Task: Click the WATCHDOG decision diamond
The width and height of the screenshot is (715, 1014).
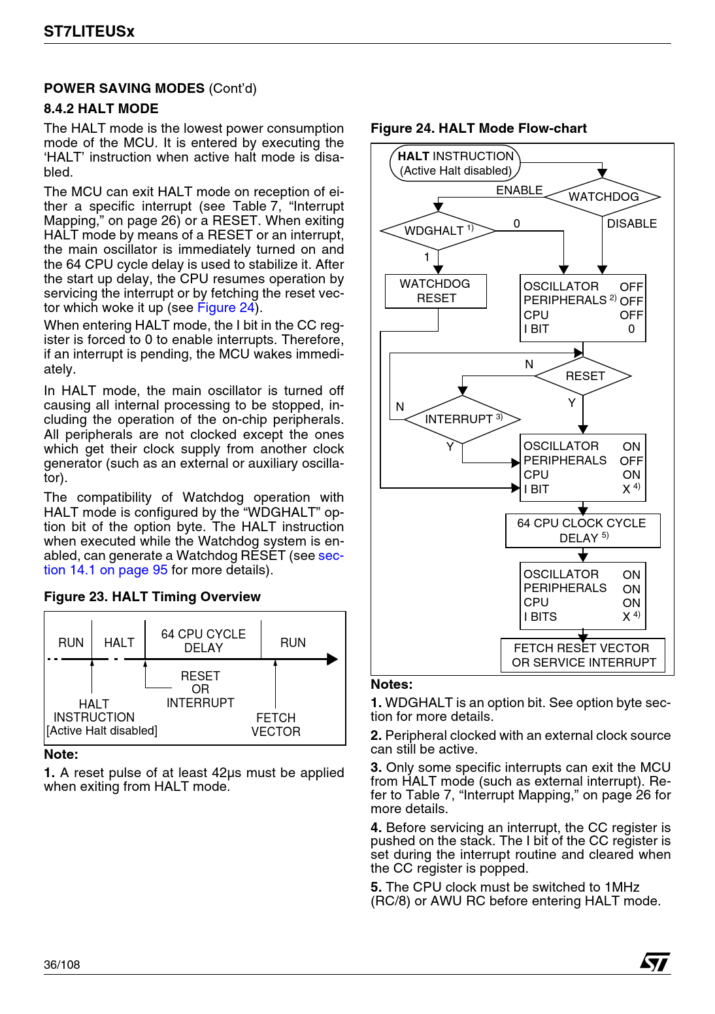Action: tap(603, 197)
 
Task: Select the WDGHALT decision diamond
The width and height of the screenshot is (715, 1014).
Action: tap(438, 231)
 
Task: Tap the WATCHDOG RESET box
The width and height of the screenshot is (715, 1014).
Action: tap(436, 291)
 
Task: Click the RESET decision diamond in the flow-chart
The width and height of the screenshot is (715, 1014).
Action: tap(584, 376)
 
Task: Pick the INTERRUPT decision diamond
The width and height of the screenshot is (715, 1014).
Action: tap(462, 419)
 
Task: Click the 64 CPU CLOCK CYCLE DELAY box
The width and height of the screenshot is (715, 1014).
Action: tap(582, 531)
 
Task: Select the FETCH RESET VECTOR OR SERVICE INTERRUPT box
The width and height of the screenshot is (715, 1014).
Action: tap(583, 656)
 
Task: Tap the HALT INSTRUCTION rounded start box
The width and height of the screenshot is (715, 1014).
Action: tap(456, 163)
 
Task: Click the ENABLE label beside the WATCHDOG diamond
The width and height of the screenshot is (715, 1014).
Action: tap(519, 190)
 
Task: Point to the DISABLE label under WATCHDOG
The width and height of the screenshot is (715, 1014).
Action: tap(631, 224)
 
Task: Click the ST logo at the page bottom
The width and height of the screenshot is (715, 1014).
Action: tap(655, 962)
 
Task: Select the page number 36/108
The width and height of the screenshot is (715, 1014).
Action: tap(62, 965)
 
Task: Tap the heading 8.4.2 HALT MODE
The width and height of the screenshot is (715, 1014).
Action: tap(101, 109)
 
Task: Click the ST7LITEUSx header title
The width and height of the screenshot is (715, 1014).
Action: tap(89, 31)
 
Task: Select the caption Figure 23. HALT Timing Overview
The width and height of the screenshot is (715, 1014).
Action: tap(152, 597)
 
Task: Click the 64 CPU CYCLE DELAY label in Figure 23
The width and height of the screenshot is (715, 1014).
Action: tap(203, 641)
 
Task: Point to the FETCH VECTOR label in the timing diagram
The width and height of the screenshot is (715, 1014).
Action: tap(276, 725)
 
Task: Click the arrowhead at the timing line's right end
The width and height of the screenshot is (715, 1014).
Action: tap(333, 659)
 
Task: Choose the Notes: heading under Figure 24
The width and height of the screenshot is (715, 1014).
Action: tap(391, 684)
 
